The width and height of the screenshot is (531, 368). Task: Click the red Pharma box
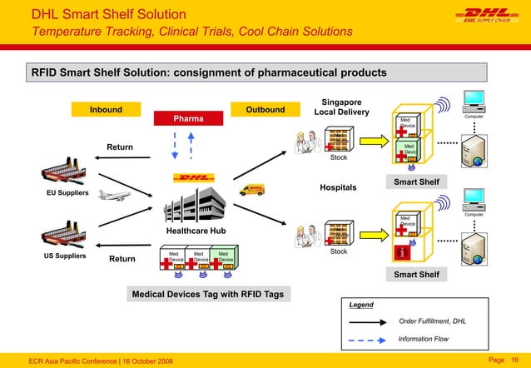pos(188,119)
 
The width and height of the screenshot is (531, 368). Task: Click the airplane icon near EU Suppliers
pos(114,196)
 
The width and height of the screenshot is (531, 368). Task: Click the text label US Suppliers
pos(64,256)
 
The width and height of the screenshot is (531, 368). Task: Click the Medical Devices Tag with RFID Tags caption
pos(208,295)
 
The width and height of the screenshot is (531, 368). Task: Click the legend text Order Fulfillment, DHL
pos(432,321)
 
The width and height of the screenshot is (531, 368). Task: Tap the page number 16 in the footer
pos(514,358)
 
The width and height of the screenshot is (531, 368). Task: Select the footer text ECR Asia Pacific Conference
pos(77,358)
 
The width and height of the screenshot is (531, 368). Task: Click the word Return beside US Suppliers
pos(122,259)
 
